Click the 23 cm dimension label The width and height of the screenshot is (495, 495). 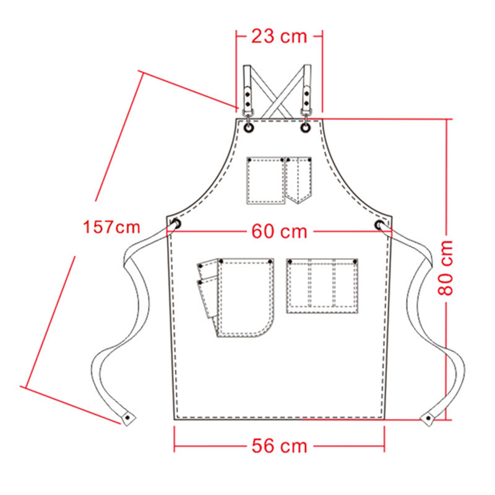click(278, 36)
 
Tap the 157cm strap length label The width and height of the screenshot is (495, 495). click(112, 227)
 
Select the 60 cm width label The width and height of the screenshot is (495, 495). click(279, 231)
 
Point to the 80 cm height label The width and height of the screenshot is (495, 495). click(447, 267)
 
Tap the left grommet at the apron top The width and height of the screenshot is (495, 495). click(248, 127)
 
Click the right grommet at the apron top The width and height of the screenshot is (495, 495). click(306, 127)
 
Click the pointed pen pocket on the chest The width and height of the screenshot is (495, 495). click(299, 179)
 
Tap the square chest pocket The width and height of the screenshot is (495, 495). click(265, 180)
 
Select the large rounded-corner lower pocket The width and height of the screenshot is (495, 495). click(245, 297)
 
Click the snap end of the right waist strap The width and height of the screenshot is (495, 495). click(428, 418)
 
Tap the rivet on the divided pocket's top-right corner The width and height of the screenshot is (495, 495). click(355, 263)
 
